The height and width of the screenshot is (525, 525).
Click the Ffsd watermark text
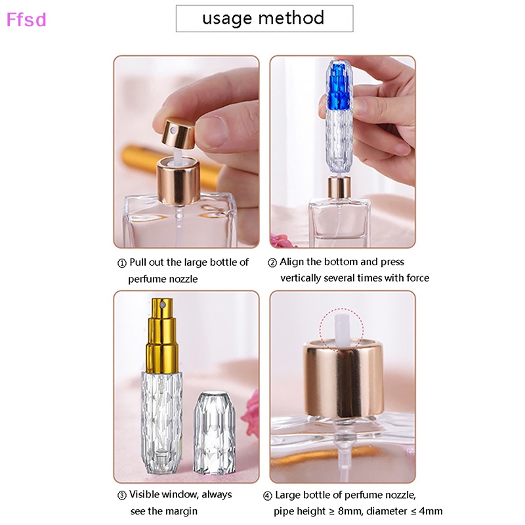pyautogui.click(x=26, y=20)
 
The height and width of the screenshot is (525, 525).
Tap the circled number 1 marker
pyautogui.click(x=121, y=262)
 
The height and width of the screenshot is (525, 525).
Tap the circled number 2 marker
pyautogui.click(x=272, y=262)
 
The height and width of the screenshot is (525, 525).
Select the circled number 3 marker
pyautogui.click(x=121, y=495)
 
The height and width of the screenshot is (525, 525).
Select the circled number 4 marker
pyautogui.click(x=267, y=495)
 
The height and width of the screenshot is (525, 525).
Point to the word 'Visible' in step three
pyautogui.click(x=145, y=495)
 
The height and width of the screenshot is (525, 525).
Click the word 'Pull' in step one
pyautogui.click(x=138, y=262)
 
